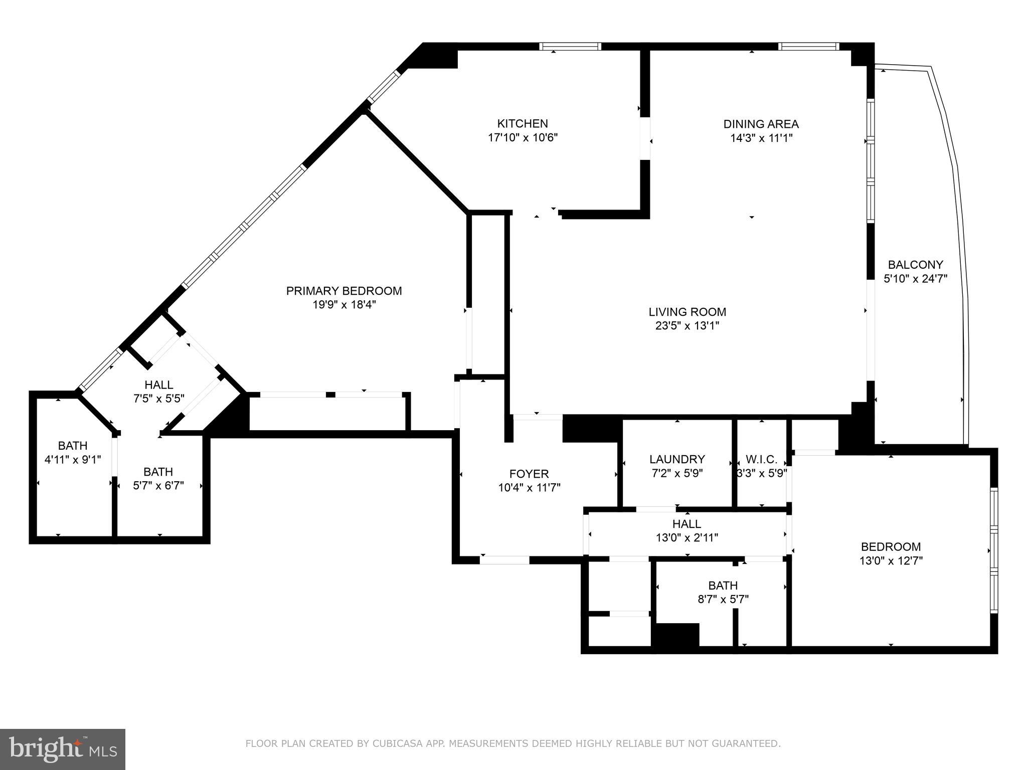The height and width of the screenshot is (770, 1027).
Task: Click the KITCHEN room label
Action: tap(522, 123)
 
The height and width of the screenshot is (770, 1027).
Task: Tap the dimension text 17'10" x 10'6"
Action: tap(523, 137)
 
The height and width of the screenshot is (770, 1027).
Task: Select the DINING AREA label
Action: tap(761, 124)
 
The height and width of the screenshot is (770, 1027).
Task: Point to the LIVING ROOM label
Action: tap(687, 312)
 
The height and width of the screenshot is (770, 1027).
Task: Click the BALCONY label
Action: tap(915, 264)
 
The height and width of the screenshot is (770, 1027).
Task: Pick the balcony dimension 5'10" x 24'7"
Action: tap(915, 279)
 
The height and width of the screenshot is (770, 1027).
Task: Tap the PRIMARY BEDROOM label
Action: tap(344, 291)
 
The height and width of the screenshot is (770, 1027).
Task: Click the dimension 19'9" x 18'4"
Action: tap(344, 305)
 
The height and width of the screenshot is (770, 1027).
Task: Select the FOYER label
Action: tap(529, 474)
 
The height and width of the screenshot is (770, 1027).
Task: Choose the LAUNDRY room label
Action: tap(677, 459)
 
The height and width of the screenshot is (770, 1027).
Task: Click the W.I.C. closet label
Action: tap(761, 459)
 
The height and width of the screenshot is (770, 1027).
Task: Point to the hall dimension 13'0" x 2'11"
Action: tap(687, 538)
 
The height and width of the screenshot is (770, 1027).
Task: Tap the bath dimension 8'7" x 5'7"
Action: tap(723, 599)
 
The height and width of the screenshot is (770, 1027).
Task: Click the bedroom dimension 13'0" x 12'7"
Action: tap(891, 560)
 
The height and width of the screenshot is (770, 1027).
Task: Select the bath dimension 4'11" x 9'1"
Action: tap(73, 459)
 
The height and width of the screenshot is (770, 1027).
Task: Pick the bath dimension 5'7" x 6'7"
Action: tap(158, 486)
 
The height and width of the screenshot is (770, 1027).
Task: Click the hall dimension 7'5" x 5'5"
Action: tap(159, 399)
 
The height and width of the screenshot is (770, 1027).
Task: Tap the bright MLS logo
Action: tap(63, 749)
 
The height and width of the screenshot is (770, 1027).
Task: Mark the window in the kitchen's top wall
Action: tap(570, 47)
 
